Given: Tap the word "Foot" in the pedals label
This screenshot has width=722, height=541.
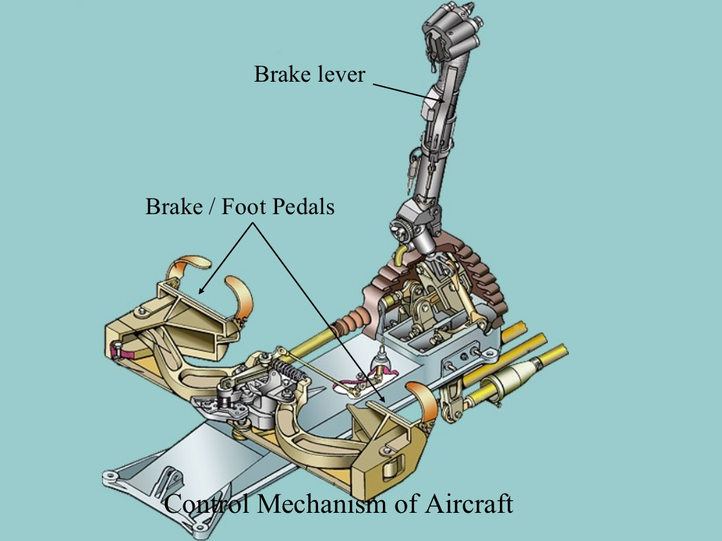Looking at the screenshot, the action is point(245,206).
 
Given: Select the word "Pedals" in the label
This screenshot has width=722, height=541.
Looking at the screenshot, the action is point(303,206).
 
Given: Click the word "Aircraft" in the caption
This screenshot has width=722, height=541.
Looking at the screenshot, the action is point(468,503).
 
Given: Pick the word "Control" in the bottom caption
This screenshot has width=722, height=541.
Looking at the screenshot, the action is point(207,503).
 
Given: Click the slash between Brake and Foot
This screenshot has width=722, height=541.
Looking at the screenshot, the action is point(212,206).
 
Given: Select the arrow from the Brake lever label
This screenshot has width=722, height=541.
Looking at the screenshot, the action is point(410,93).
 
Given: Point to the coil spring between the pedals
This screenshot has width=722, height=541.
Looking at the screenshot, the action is point(284,368).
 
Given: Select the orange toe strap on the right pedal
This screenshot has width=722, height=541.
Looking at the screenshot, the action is point(423,399).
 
